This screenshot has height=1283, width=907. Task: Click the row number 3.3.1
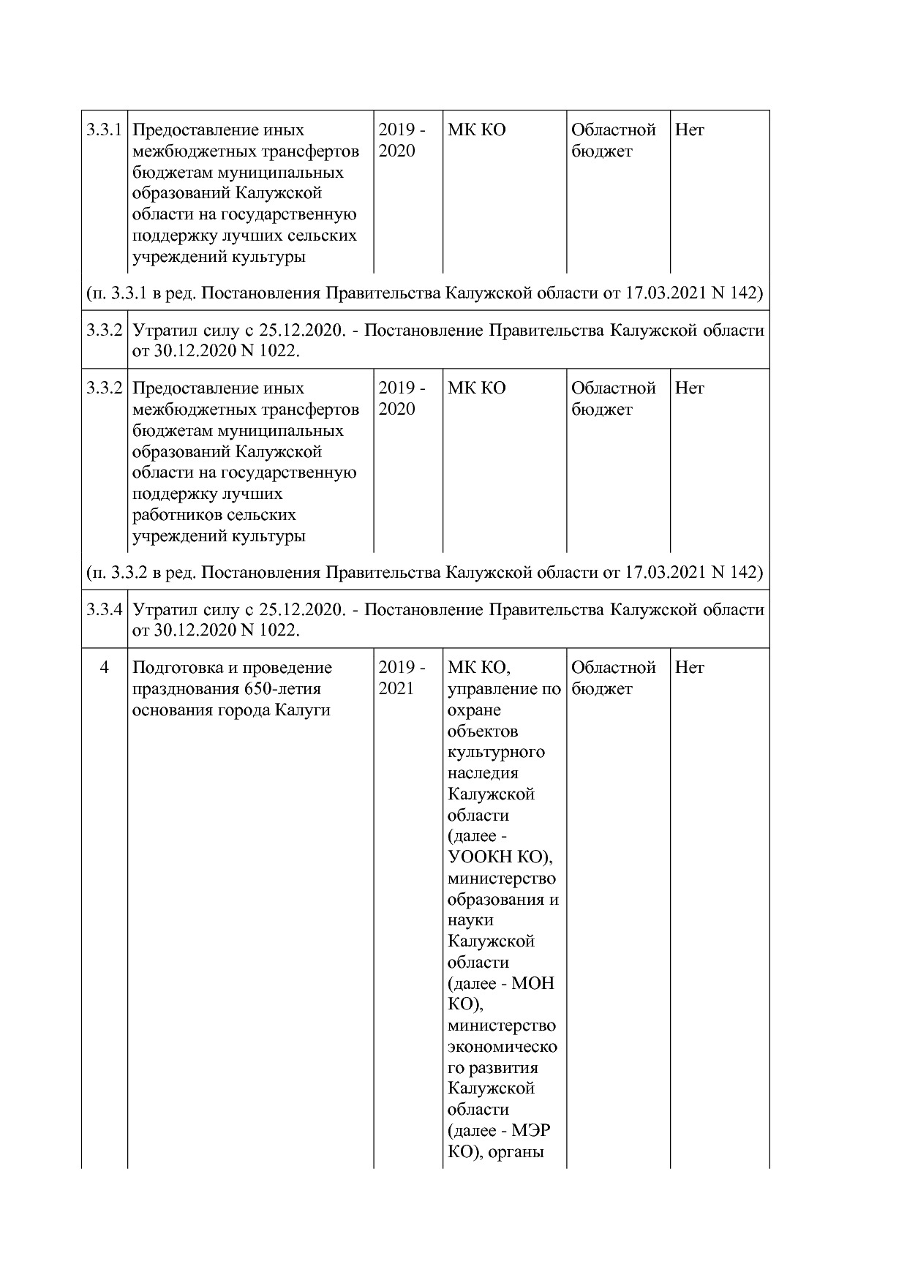[103, 130]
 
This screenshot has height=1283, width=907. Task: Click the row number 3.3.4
[103, 609]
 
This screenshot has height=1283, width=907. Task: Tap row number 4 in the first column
[104, 668]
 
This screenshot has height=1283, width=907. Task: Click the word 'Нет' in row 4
[689, 668]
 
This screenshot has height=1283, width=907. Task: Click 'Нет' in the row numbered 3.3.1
[689, 130]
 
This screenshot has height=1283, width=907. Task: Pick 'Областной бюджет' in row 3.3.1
[613, 140]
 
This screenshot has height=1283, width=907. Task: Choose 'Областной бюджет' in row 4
[613, 678]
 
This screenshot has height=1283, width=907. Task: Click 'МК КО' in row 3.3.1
[476, 130]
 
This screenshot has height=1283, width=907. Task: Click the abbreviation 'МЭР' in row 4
[532, 1131]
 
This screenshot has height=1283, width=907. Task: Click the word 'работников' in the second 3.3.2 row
[174, 515]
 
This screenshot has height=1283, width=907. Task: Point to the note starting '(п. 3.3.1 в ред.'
[424, 293]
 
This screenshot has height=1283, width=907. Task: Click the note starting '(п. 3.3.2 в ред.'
[424, 572]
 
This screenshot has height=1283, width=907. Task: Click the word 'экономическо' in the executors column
[502, 1047]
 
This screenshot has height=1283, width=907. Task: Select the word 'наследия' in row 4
[482, 773]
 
